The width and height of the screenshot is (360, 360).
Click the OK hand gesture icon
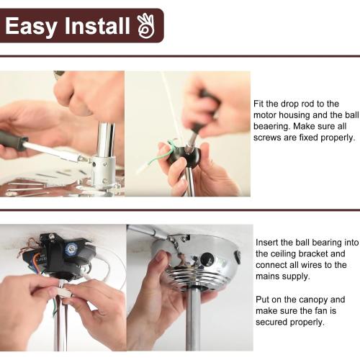click(146, 26)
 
